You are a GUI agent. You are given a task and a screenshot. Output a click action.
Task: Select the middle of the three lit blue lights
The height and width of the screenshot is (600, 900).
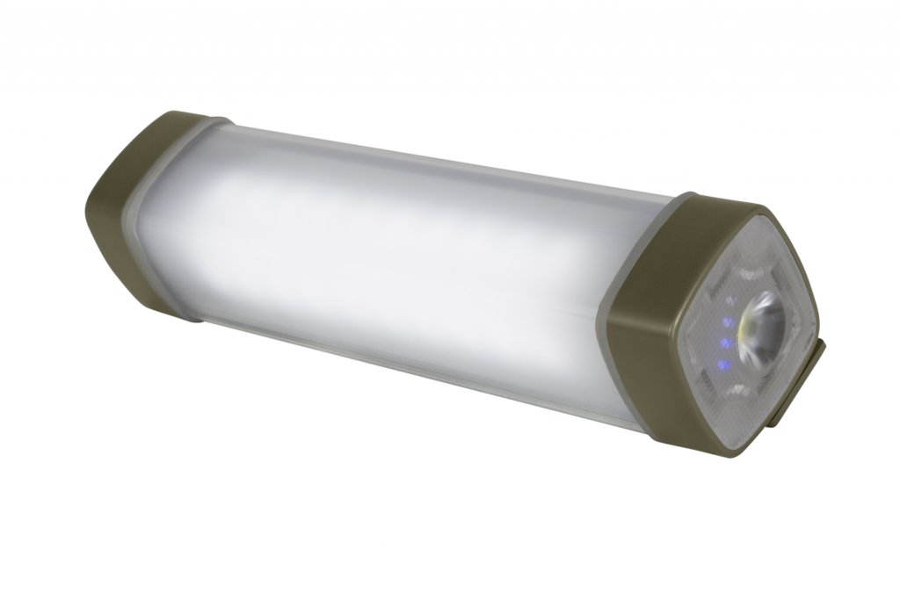pos(725,343)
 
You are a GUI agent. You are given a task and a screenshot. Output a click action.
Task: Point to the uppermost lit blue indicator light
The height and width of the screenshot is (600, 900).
pos(728,322)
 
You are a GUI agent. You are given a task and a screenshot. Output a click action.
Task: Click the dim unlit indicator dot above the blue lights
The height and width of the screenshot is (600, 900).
pos(731,301)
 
